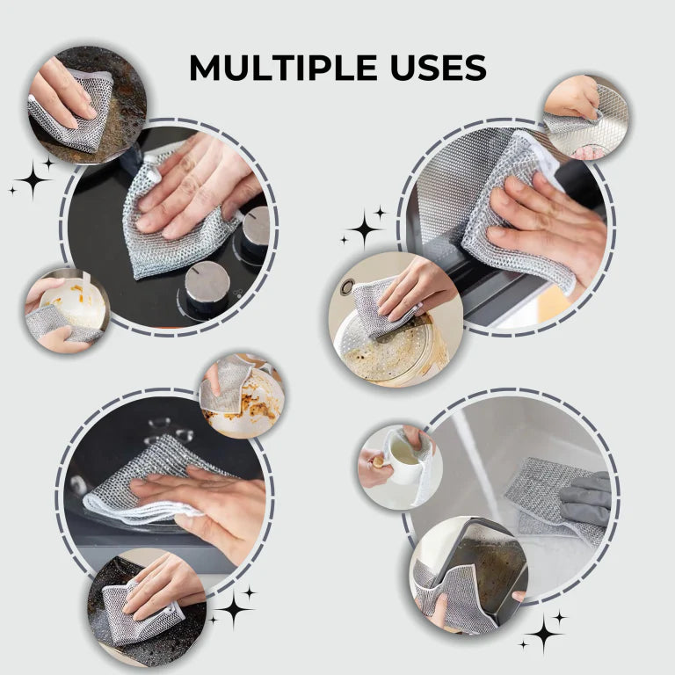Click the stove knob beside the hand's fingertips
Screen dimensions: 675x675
tap(256, 229)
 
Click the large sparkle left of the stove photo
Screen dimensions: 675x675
tap(33, 179)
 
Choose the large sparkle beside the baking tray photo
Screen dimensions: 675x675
tap(542, 631)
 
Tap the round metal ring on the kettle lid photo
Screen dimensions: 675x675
tap(348, 287)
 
